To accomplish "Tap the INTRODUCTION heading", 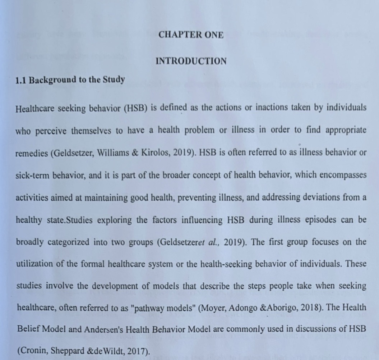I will pos(191,61).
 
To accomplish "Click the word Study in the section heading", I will pos(114,79).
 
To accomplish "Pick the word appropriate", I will pos(346,130).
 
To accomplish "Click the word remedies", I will pos(32,153).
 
